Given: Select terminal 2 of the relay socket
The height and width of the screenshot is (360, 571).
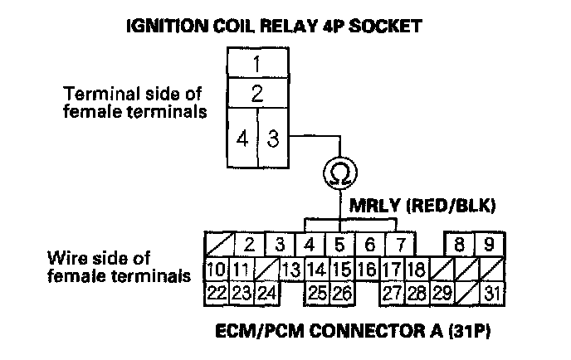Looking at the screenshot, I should (x=257, y=93).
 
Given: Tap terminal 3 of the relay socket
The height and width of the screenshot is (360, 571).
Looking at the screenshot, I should (x=272, y=139).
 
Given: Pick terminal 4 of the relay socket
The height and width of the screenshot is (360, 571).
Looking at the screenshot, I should (x=242, y=139).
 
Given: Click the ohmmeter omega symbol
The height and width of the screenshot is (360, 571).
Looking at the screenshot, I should (x=339, y=173).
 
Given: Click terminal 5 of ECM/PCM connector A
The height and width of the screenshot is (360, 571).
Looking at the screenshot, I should (x=339, y=246).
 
